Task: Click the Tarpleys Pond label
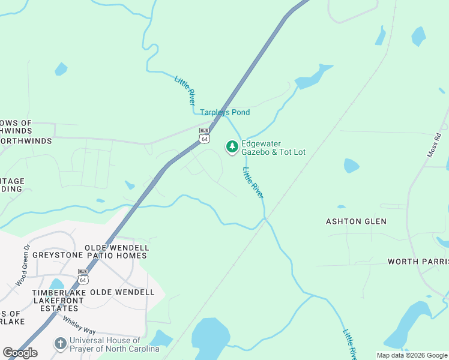pos(224,113)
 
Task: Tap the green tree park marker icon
pos(232,147)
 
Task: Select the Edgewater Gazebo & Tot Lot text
pos(273,148)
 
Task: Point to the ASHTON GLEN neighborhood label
pos(356,221)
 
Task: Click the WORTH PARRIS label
pos(418,262)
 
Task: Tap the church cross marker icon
pos(60,344)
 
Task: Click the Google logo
pos(20,353)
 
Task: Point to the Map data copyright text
pos(412,355)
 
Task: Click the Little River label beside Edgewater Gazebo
pos(253,183)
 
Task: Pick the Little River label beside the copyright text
pos(349,343)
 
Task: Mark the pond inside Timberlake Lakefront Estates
pos(56,283)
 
